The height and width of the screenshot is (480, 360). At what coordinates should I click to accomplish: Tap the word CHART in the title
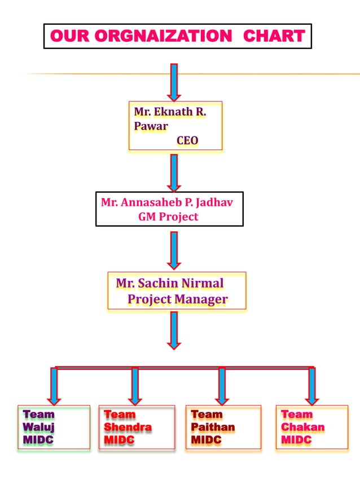click(x=274, y=37)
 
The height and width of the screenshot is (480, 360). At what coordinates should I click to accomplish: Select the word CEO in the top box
click(x=187, y=140)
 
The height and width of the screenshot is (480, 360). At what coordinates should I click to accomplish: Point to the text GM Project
click(x=168, y=217)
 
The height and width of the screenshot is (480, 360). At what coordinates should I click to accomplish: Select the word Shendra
click(x=128, y=427)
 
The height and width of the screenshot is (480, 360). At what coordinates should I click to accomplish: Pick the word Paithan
click(x=213, y=427)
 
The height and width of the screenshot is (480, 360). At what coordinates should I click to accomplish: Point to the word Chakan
click(x=303, y=427)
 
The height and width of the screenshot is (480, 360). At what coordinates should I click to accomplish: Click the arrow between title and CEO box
click(x=174, y=82)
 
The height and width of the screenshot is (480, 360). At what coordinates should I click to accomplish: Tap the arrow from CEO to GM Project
click(x=174, y=173)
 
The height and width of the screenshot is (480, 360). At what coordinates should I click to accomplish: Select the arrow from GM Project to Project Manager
click(x=174, y=250)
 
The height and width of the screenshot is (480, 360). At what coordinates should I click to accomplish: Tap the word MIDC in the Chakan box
click(x=296, y=439)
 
